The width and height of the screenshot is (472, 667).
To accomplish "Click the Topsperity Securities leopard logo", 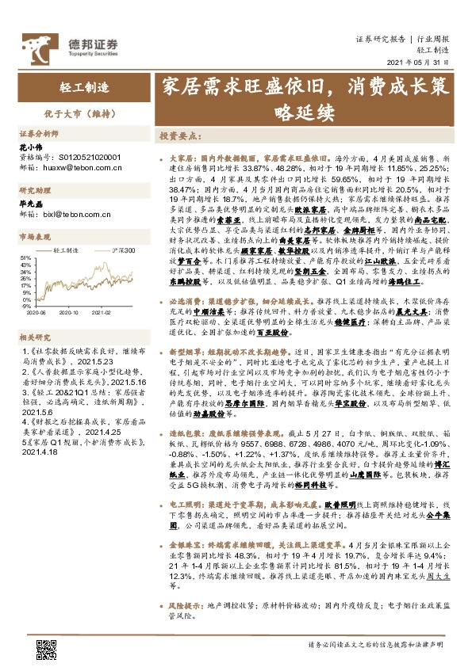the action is click(x=34, y=43).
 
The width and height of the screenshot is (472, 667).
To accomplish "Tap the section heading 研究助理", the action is click(x=35, y=189).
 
